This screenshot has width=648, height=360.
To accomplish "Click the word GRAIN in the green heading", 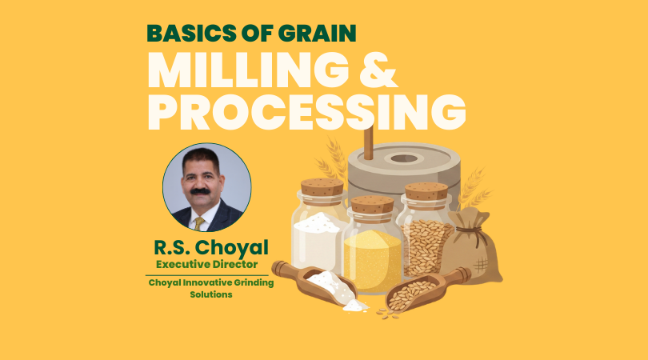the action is tap(317, 34).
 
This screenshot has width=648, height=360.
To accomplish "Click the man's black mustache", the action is tap(200, 191).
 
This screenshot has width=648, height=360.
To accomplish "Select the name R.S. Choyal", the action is tap(210, 248).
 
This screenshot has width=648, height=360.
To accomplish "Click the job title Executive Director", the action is tap(206, 265).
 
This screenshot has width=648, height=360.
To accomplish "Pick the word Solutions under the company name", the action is tap(210, 294).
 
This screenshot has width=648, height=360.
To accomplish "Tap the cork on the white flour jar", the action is tap(322, 187).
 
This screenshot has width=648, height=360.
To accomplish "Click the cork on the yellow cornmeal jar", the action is tap(372, 205).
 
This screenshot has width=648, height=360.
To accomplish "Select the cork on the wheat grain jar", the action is tap(426, 191).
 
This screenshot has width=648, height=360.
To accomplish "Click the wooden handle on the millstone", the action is tap(368, 143).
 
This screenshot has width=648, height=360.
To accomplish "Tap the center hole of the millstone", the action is tap(404, 158).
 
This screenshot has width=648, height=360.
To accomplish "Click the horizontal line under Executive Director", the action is tap(207, 275).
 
